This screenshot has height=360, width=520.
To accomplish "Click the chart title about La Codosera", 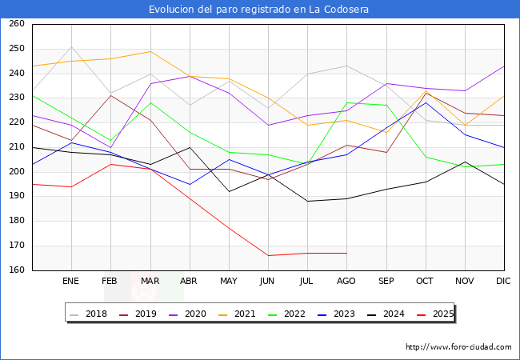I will tap(259, 9).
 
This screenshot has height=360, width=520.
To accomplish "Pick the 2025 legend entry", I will tap(439, 314).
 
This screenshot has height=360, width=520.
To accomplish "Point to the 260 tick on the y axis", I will tap(16, 24).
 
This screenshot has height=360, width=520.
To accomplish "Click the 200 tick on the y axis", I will tap(16, 172).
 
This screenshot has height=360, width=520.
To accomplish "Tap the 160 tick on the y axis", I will tap(16, 270).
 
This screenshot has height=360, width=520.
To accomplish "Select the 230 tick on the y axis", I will tap(16, 98).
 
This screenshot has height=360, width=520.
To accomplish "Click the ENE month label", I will tap(71, 282).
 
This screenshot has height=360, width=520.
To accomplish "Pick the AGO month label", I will tap(346, 282).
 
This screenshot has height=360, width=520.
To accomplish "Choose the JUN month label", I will tap(268, 282).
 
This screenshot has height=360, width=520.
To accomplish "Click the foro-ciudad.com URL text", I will tap(458, 347).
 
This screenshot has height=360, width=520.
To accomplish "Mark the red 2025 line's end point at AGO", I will tap(346, 253).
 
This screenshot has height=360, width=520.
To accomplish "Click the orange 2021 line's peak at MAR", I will tap(150, 51).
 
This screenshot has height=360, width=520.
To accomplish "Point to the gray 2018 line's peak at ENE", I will tap(71, 46).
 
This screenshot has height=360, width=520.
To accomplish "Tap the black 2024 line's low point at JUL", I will tap(307, 201).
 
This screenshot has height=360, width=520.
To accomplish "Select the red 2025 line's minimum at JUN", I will tap(268, 255).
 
